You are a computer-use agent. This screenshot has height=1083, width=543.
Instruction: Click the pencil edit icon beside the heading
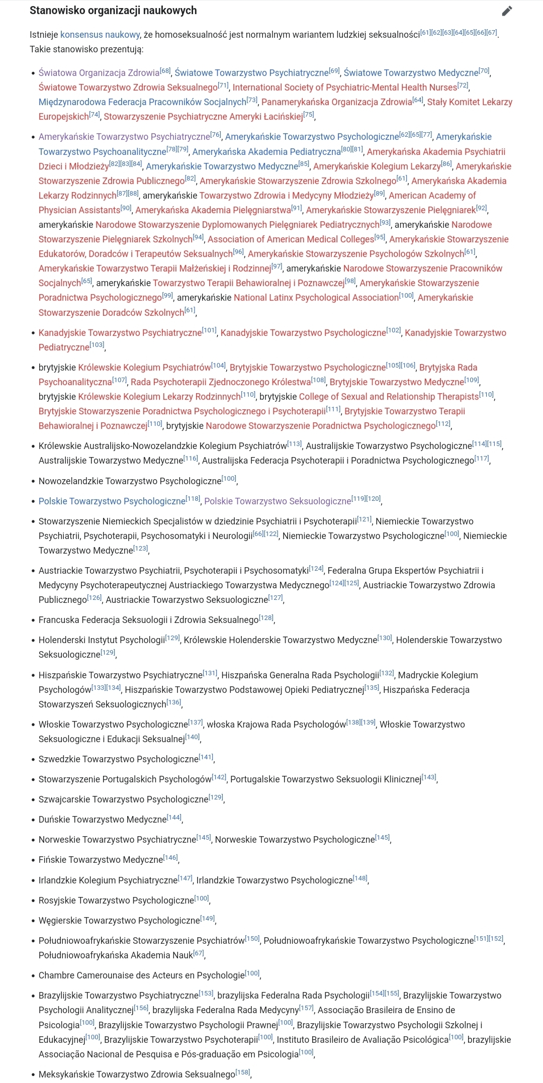507,11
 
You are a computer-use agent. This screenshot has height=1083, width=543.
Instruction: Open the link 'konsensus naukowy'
100,35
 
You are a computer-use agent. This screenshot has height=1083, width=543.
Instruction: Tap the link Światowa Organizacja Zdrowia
99,73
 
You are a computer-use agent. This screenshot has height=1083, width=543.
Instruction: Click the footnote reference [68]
165,71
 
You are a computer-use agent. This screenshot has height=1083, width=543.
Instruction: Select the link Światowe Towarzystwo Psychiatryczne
251,73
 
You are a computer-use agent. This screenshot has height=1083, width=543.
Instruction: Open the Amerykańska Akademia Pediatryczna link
266,152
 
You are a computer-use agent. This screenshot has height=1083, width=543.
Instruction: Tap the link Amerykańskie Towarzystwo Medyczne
222,166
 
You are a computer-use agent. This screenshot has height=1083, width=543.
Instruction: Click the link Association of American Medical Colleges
291,239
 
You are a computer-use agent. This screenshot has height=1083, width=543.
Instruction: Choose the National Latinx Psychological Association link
316,298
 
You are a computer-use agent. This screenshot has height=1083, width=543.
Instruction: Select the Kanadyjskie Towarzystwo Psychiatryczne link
120,333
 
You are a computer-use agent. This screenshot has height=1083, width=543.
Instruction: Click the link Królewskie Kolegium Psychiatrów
144,368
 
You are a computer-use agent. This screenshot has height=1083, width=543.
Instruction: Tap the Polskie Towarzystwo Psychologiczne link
112,501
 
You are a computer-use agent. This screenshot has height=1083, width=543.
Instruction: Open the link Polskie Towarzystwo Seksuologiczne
278,501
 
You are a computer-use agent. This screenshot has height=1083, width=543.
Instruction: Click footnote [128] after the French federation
266,618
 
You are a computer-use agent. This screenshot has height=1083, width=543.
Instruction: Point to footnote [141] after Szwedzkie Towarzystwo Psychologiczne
206,757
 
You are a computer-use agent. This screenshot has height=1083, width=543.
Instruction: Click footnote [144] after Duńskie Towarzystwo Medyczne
174,818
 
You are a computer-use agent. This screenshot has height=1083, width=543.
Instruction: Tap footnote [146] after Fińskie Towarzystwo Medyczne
170,858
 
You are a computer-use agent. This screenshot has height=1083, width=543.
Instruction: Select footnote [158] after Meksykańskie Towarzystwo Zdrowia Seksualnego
243,1072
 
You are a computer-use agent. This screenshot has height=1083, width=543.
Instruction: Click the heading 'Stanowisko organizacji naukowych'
113,11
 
